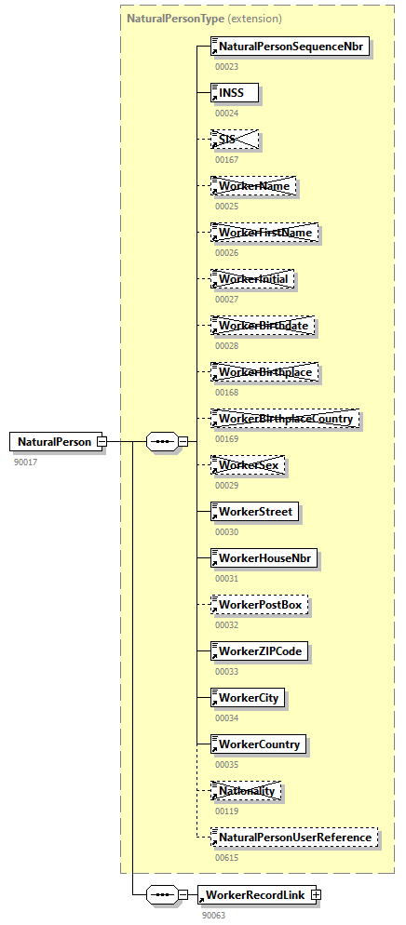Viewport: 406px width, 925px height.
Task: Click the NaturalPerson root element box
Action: (x=55, y=441)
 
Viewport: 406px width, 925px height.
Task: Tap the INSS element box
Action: (x=234, y=92)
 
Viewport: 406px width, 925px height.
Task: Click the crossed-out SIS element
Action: (x=234, y=139)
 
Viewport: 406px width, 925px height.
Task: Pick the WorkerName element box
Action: (x=253, y=186)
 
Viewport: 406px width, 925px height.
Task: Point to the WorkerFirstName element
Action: (x=264, y=232)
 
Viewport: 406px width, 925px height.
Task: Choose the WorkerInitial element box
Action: (x=253, y=278)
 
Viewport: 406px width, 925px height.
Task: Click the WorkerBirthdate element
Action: (x=263, y=326)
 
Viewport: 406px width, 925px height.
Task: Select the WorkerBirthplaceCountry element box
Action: (x=285, y=419)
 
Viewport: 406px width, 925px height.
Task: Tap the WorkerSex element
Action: (x=247, y=464)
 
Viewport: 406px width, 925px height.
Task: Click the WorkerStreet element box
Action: (x=255, y=511)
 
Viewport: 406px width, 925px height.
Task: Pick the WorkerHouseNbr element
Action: (x=264, y=557)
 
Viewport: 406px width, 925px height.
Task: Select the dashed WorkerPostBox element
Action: (x=260, y=605)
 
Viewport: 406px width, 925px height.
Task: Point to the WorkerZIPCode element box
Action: (x=260, y=650)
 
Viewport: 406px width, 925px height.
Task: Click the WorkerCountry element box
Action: (x=259, y=744)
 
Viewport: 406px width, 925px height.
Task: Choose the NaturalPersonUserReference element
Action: (x=295, y=838)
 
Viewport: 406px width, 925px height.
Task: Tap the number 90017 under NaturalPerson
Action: (x=25, y=462)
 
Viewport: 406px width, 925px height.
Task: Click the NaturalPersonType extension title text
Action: (x=204, y=18)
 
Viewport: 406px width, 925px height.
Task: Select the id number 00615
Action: (x=226, y=858)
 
